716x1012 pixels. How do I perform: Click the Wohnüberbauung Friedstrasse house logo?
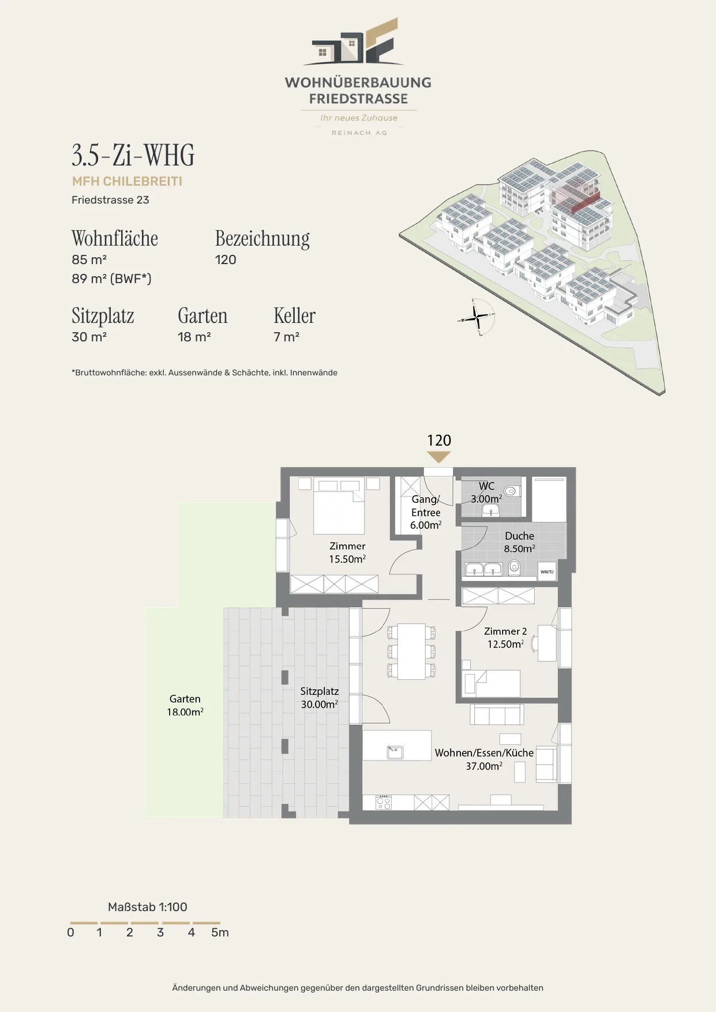tap(354, 42)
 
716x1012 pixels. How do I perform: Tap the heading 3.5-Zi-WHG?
tap(133, 155)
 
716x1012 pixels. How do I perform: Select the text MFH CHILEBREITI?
tap(127, 181)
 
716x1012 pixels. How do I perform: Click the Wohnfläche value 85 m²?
tap(89, 259)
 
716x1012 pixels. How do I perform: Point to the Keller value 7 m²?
tap(286, 337)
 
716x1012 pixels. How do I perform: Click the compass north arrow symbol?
tap(477, 317)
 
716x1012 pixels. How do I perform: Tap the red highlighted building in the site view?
tap(577, 200)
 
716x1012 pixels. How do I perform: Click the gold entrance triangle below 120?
tap(438, 457)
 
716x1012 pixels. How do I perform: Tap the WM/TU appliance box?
tap(547, 571)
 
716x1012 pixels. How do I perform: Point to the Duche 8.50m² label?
tap(519, 542)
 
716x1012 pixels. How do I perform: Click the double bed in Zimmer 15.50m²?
tap(339, 506)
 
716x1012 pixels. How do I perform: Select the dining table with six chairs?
tap(411, 652)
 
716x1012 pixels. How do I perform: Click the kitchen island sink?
tap(395, 752)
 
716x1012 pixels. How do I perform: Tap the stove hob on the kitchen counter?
tap(384, 802)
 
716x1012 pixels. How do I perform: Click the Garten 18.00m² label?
tap(185, 705)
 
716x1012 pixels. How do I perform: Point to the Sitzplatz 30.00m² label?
tap(319, 698)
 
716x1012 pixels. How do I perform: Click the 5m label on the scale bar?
tap(220, 932)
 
